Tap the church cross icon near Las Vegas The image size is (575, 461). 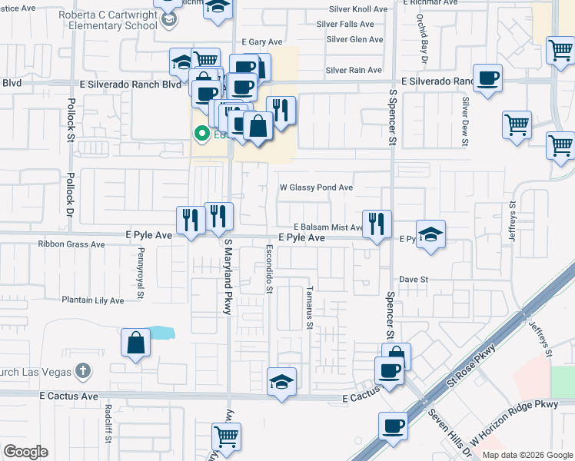point(83,371)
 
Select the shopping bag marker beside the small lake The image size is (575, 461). point(135,343)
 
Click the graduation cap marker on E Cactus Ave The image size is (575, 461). point(282,382)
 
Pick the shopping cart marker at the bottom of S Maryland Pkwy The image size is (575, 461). point(226,436)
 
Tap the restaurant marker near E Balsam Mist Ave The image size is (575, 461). point(376,225)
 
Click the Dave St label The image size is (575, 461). point(413,280)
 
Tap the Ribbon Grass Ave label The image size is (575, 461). point(71,244)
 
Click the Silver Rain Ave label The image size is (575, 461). point(354,70)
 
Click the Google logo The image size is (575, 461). point(25,452)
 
